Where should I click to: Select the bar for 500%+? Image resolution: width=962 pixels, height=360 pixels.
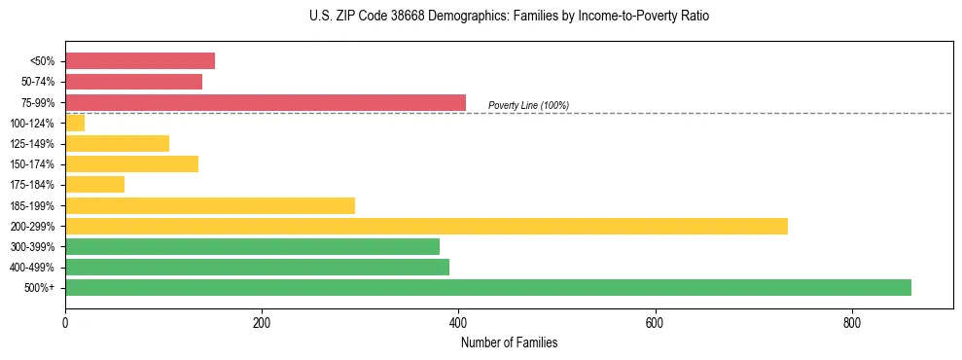[487, 287]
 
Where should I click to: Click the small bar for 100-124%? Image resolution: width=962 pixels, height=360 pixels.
[75, 123]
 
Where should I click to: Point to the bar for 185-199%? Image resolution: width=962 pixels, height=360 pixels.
[210, 205]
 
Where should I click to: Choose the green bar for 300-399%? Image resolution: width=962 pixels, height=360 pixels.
[252, 246]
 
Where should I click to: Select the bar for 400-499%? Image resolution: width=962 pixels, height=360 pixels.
[257, 267]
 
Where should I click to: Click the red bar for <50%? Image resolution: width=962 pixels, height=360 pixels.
[140, 61]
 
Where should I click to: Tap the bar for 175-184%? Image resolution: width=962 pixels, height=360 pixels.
[94, 184]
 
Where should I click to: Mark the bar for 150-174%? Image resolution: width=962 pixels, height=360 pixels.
[131, 163]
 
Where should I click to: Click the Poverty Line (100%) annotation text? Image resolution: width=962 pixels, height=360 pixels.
[528, 105]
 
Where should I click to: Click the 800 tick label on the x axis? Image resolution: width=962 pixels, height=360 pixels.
[851, 323]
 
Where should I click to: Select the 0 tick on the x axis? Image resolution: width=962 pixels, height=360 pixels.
[65, 323]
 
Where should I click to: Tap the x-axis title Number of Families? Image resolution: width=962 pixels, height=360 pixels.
[509, 343]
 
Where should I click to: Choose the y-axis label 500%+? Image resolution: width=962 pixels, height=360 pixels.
[40, 288]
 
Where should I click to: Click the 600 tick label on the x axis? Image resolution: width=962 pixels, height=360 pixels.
[655, 323]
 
